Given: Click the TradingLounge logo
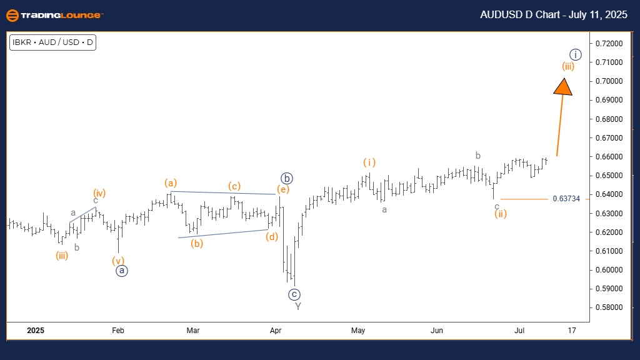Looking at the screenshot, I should click(x=54, y=15).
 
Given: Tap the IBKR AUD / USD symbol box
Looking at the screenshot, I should click(x=52, y=43).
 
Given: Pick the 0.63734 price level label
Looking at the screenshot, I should click(x=566, y=199).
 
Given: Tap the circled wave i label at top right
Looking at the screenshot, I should click(x=576, y=54).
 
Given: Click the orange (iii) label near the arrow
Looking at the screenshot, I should click(x=568, y=66).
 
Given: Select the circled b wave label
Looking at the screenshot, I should click(x=286, y=177).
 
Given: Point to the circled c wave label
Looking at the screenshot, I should click(x=294, y=294).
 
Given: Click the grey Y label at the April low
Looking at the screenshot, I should click(x=298, y=306).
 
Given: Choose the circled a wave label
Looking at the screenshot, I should click(x=122, y=271).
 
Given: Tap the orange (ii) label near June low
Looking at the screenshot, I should click(x=500, y=214).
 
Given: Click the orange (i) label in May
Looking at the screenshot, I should click(x=369, y=162).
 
